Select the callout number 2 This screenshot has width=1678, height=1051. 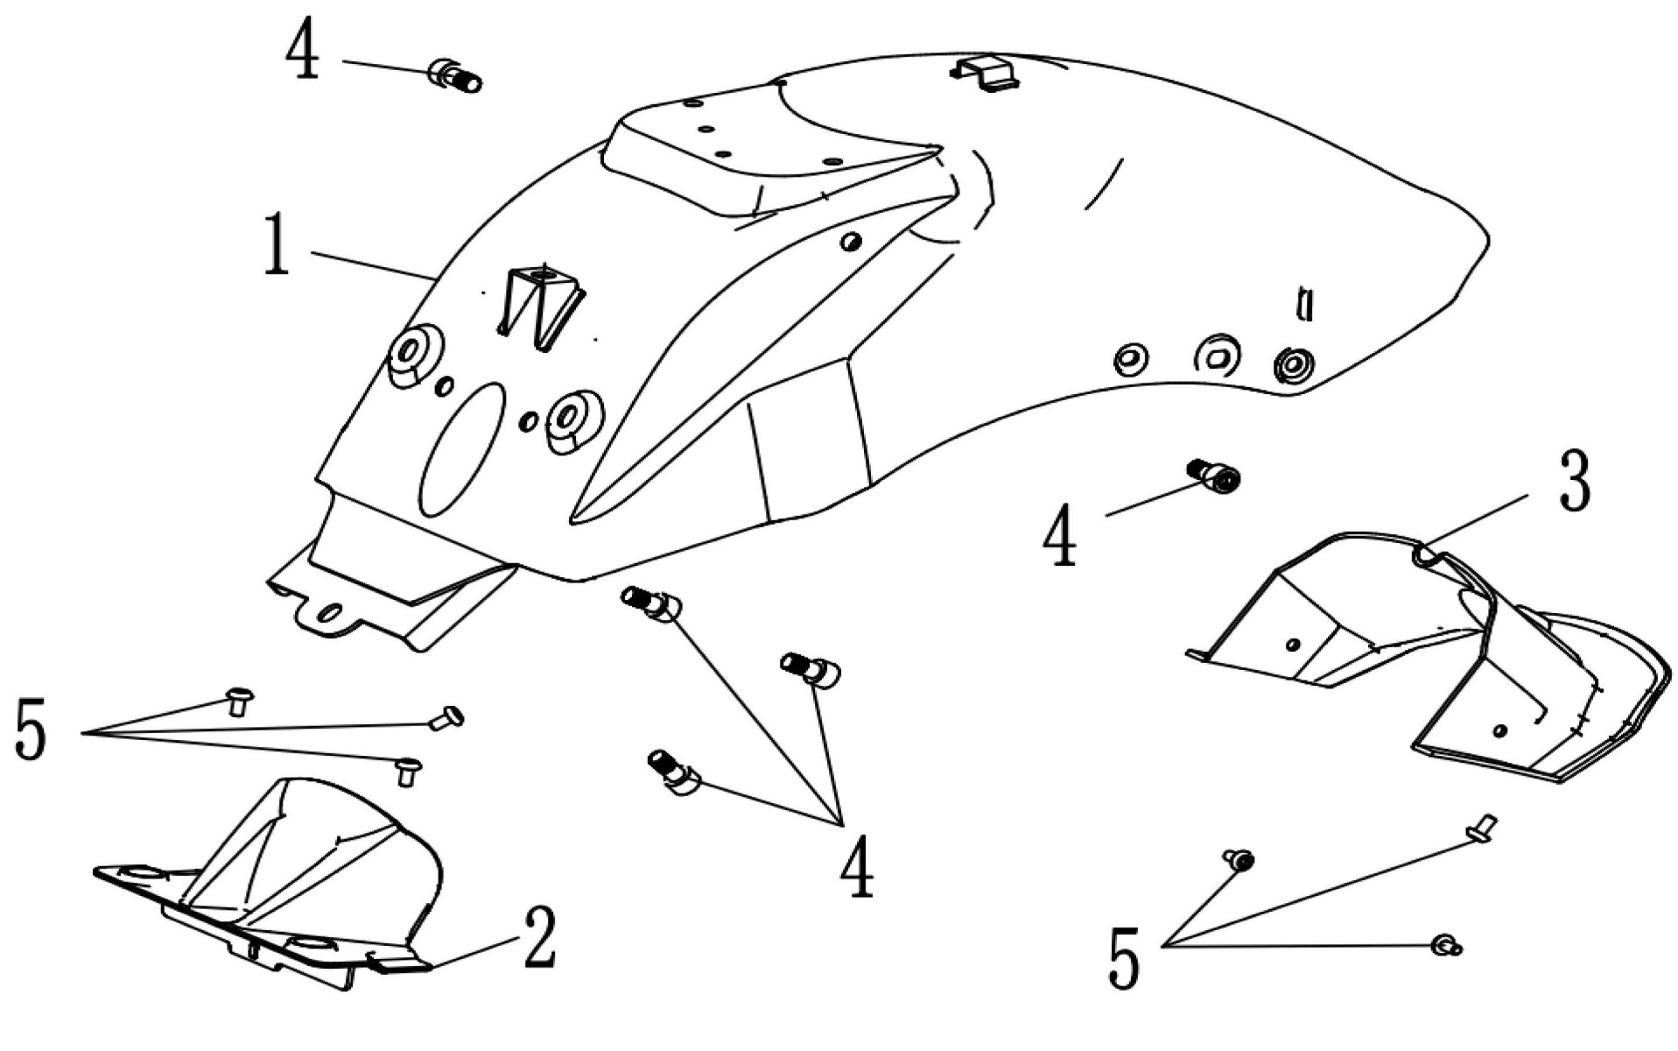point(539,938)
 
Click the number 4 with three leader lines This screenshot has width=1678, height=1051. point(857,866)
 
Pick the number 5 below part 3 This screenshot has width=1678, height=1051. point(1125,959)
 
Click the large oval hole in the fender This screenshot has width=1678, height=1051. point(462,450)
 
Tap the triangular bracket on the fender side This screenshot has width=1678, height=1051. point(540,307)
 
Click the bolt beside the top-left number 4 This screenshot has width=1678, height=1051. point(455,76)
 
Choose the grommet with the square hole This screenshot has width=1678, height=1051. point(1218,355)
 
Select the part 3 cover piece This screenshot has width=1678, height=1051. point(1436,657)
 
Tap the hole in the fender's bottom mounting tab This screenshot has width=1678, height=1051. point(331,610)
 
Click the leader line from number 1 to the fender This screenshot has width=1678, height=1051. point(372,264)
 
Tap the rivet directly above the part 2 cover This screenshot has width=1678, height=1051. point(407,771)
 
